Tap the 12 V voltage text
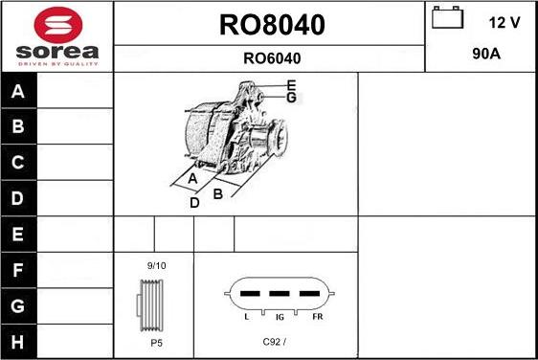504,22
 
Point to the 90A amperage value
487,55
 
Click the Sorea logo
57,35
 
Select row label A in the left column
19,91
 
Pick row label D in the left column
19,198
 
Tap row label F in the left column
19,270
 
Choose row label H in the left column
19,341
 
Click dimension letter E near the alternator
291,84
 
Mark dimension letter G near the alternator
291,98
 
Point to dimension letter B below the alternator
217,193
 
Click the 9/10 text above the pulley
156,264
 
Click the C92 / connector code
275,341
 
